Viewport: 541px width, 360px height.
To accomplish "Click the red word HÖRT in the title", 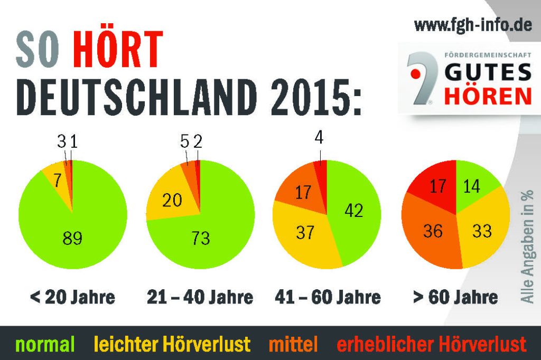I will coord(118,50).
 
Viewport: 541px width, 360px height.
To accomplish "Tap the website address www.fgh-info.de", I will coord(472,25).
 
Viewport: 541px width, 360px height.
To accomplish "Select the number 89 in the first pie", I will coord(72,238).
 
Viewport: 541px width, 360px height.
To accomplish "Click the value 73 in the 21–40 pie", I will coord(200,238).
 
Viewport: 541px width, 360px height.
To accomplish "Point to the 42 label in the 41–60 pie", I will coord(353,210).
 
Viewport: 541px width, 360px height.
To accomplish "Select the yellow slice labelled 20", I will coord(172,200).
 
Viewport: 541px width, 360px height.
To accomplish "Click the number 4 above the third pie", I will coord(319,138).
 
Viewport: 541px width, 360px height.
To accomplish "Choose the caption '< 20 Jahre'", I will coord(72,297).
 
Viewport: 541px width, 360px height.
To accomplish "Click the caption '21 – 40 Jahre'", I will coord(200,297).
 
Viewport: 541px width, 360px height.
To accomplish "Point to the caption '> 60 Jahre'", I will coord(455,297).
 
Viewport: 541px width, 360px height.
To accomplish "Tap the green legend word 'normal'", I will coord(45,344).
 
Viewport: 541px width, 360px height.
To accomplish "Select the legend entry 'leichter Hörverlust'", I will coord(172,344).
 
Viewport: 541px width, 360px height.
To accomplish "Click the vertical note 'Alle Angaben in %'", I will coord(527,238).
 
